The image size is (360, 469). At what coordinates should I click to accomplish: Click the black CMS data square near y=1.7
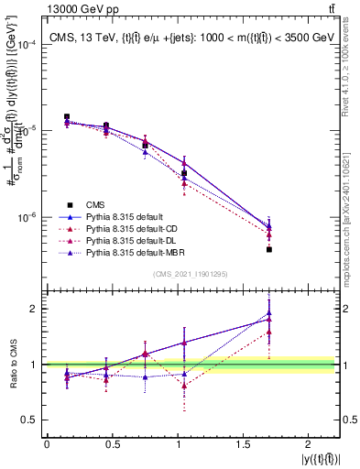[x=268, y=249]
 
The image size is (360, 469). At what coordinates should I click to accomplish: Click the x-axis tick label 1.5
[x=243, y=445]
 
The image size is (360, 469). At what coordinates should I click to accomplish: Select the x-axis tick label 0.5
[x=112, y=445]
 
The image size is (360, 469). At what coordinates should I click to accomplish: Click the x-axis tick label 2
[x=309, y=445]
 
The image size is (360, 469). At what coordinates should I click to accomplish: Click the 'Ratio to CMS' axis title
[x=12, y=364]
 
